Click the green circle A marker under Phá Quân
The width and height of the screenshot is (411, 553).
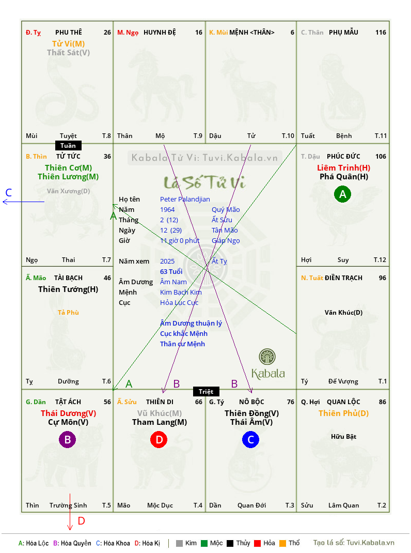[342, 194]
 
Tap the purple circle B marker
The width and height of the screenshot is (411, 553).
[67, 439]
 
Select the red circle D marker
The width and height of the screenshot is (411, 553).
[159, 439]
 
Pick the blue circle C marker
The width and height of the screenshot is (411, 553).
[250, 439]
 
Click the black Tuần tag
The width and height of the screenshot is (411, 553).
[68, 146]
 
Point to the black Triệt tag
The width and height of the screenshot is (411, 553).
[206, 391]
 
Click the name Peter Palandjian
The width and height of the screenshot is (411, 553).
[185, 199]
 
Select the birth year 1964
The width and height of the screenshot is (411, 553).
[167, 209]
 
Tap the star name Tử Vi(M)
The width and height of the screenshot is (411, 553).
[68, 44]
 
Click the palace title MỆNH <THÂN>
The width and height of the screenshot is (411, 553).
[251, 33]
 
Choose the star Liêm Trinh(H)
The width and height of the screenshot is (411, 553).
[344, 168]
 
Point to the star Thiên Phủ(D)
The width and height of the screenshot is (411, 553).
[344, 413]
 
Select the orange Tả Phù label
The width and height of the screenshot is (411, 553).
[68, 313]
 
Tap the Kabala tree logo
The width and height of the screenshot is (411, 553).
[267, 357]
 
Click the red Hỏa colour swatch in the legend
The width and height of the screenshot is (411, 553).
[257, 543]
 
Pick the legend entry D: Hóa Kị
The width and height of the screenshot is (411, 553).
[147, 543]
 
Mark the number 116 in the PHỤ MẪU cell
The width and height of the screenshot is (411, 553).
[381, 33]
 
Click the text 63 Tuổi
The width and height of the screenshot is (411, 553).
[171, 271]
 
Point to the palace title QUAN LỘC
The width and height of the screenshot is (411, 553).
[343, 402]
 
